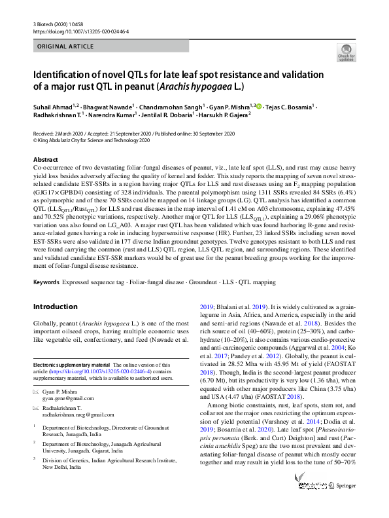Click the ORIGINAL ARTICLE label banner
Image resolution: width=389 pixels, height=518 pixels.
[x=65, y=46]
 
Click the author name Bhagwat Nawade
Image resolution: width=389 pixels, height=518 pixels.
[x=109, y=105]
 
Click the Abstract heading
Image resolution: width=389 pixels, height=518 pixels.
[x=46, y=159]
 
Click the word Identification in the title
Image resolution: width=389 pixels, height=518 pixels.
[x=70, y=73]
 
